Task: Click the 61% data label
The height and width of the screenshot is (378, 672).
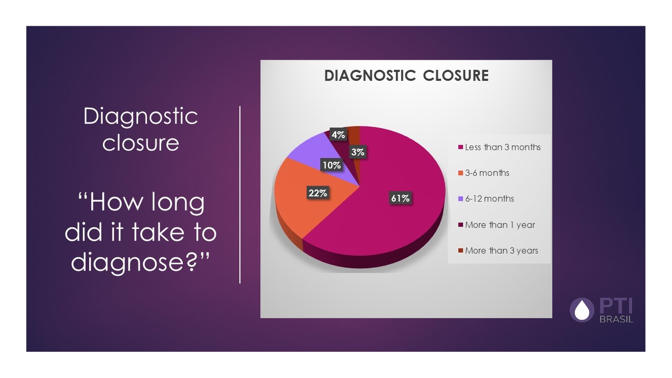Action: tap(400, 198)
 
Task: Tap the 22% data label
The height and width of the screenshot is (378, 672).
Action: tap(318, 193)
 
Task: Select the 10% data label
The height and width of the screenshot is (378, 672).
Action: tap(332, 165)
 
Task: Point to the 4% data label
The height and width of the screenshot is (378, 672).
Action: tap(338, 135)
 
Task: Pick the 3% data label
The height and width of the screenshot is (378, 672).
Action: tap(359, 153)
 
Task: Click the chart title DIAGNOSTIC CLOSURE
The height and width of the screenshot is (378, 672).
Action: tap(406, 76)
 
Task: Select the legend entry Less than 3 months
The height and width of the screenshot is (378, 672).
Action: tap(502, 147)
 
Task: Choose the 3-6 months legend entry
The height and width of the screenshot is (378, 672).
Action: tap(487, 173)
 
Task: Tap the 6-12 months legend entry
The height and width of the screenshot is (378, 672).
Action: tap(489, 198)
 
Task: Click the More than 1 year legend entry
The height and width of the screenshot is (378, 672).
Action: tap(500, 225)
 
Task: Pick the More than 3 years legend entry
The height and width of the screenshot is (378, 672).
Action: tap(501, 250)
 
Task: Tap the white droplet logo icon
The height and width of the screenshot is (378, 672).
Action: tap(582, 310)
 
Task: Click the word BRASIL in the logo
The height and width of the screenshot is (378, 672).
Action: tap(616, 319)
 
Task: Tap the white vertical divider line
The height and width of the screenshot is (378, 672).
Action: tap(240, 194)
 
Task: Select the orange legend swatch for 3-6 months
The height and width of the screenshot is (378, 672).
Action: tap(461, 173)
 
